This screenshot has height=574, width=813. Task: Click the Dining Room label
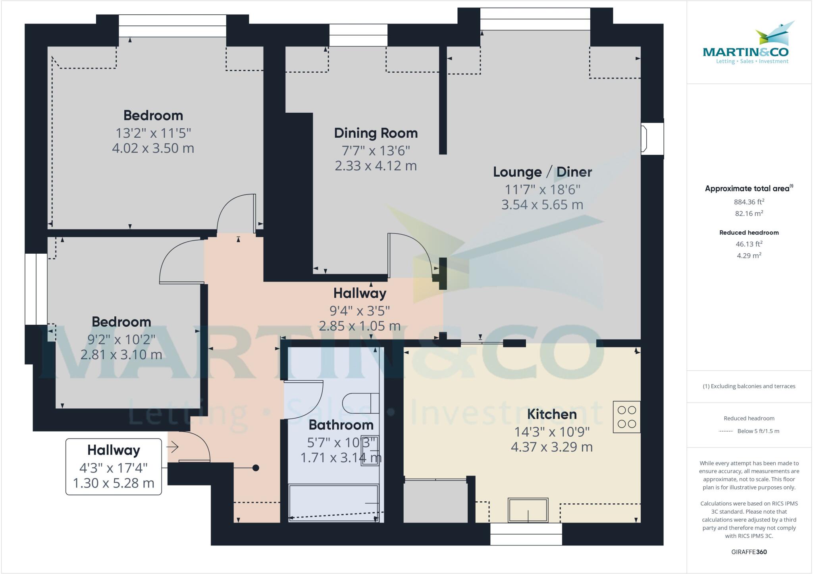376,133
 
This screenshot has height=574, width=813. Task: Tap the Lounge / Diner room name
542,172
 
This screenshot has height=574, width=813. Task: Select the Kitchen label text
551,414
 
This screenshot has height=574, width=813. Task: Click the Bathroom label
341,425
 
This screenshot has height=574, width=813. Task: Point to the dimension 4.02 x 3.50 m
153,148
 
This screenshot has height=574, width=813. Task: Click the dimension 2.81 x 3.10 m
121,354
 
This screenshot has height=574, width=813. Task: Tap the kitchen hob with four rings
627,417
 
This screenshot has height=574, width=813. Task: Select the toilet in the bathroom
359,403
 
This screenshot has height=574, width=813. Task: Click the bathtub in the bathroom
333,502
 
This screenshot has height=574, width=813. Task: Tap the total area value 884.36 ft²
749,202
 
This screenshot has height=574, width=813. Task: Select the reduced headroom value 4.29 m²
749,256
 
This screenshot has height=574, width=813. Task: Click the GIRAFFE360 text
749,552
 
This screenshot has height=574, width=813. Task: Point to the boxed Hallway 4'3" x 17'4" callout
114,466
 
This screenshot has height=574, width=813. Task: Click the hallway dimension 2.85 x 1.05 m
360,326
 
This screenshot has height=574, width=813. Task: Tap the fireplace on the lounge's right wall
651,139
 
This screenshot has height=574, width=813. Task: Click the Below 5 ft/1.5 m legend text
758,431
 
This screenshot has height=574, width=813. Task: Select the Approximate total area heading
749,189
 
